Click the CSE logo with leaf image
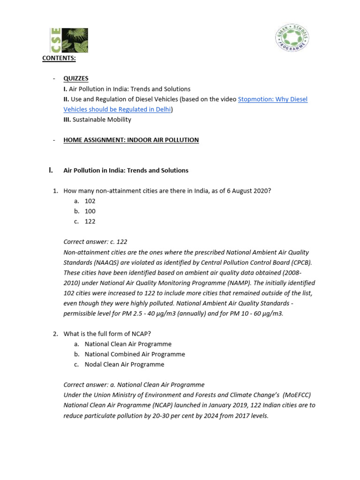(69, 40)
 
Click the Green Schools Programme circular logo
(292, 38)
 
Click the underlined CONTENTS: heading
(59, 58)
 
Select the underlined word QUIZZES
(76, 78)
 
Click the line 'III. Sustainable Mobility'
(97, 120)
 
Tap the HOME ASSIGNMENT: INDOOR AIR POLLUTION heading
(131, 140)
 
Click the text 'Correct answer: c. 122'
(95, 242)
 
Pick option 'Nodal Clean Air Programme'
(124, 364)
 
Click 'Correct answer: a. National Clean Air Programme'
(134, 385)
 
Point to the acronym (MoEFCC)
(298, 395)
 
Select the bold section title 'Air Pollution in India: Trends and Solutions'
(126, 170)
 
